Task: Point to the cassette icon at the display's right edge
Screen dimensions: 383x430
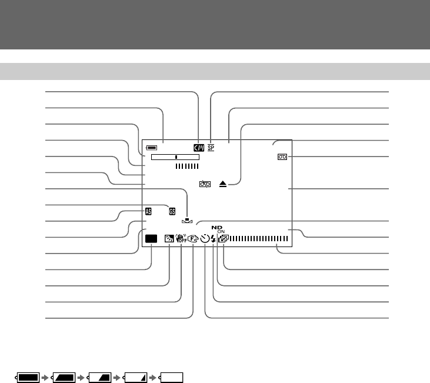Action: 283,157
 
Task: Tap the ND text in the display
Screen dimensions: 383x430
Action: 218,227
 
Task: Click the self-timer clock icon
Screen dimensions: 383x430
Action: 205,239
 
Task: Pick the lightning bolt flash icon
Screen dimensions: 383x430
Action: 213,239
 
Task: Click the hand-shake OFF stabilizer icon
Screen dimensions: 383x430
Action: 181,239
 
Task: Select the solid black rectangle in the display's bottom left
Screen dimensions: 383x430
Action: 151,239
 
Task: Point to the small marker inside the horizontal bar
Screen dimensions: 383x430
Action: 176,158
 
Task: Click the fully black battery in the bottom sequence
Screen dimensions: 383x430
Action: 28,377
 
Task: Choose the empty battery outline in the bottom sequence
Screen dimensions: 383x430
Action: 172,377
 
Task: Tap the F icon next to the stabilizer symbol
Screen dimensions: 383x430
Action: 192,239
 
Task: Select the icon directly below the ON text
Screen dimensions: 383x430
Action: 222,239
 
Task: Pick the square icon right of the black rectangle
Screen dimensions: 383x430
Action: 168,239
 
